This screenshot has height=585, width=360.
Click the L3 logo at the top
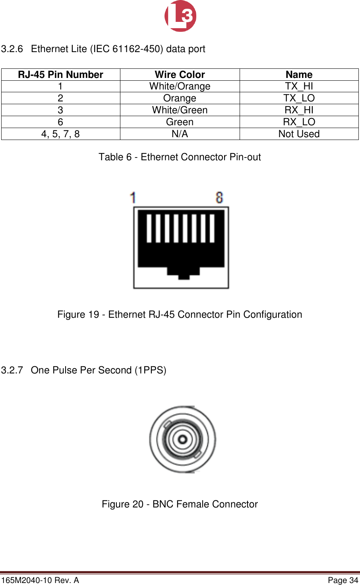click(x=180, y=16)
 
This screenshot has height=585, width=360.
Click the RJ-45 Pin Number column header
click(x=60, y=75)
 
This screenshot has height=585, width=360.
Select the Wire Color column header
click(x=180, y=75)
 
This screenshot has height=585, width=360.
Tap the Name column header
click(x=299, y=75)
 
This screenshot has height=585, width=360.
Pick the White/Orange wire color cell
click(x=180, y=86)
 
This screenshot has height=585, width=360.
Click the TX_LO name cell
click(x=299, y=98)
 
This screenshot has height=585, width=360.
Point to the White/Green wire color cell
click(x=180, y=110)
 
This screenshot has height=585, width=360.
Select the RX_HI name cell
click(x=299, y=110)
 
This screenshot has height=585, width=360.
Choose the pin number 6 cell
click(x=60, y=122)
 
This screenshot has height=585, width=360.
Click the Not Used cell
click(x=299, y=134)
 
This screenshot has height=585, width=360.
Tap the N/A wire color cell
click(x=180, y=134)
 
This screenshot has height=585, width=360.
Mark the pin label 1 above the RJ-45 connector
click(x=133, y=198)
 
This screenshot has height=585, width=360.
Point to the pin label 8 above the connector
click(x=219, y=198)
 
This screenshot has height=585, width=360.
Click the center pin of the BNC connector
click(x=182, y=439)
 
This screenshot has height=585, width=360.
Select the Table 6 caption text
click(x=180, y=157)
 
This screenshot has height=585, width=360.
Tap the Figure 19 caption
click(x=180, y=315)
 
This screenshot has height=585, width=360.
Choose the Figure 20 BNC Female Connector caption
click(x=180, y=504)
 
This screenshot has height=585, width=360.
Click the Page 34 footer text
click(x=343, y=580)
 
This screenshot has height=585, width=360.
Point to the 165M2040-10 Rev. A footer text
click(x=40, y=580)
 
